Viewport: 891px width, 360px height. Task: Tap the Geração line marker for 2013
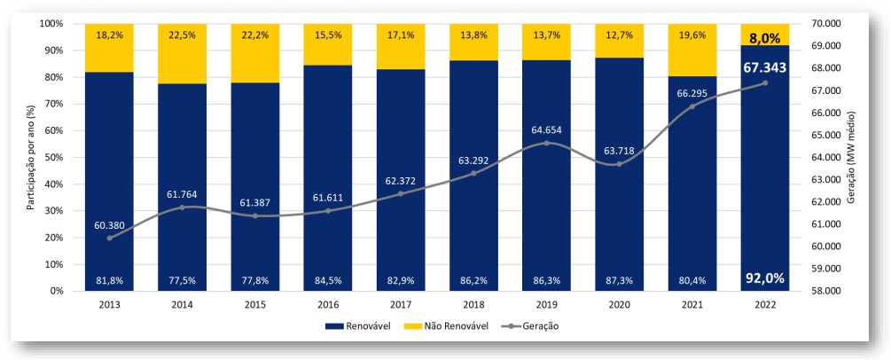tap(109, 238)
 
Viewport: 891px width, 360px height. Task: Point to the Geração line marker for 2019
tap(546, 143)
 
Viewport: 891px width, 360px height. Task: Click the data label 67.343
tap(764, 67)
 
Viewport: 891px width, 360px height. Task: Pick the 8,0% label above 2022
tap(764, 39)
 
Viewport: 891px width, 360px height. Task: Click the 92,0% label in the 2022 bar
tap(764, 278)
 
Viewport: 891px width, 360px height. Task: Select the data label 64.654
tap(546, 129)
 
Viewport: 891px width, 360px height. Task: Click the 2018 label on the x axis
tap(473, 304)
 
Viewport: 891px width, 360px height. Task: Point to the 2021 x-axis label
tap(692, 304)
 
